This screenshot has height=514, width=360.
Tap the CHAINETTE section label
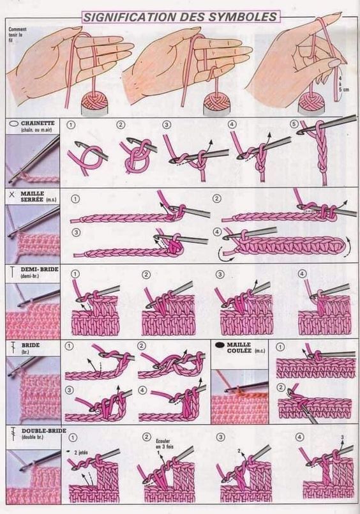click(x=38, y=122)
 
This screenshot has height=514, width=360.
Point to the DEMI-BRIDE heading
click(x=40, y=270)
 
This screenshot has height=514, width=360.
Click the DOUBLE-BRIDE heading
click(x=43, y=431)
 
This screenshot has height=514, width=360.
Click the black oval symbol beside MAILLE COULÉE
click(x=221, y=344)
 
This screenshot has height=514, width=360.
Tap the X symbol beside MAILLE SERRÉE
click(x=13, y=192)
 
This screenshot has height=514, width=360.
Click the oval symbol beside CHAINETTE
click(x=13, y=122)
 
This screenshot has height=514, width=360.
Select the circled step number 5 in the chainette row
click(x=294, y=124)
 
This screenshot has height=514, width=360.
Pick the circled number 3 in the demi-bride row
click(x=220, y=274)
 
